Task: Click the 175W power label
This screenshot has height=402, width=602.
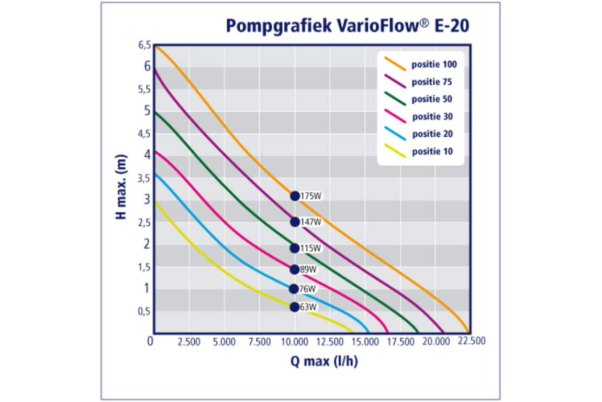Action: pyautogui.click(x=310, y=196)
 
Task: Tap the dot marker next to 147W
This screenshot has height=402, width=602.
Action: pyautogui.click(x=295, y=222)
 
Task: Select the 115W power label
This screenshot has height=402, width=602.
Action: pyautogui.click(x=310, y=248)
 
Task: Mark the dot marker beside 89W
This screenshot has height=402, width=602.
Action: pyautogui.click(x=295, y=269)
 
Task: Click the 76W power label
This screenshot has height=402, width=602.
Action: pyautogui.click(x=308, y=289)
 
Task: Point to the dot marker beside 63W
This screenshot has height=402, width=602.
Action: pyautogui.click(x=295, y=307)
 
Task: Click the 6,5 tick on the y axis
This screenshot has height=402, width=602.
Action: pyautogui.click(x=144, y=46)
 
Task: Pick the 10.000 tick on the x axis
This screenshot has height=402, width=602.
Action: pyautogui.click(x=295, y=342)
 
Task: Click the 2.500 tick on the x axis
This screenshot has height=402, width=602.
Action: pyautogui.click(x=188, y=342)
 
